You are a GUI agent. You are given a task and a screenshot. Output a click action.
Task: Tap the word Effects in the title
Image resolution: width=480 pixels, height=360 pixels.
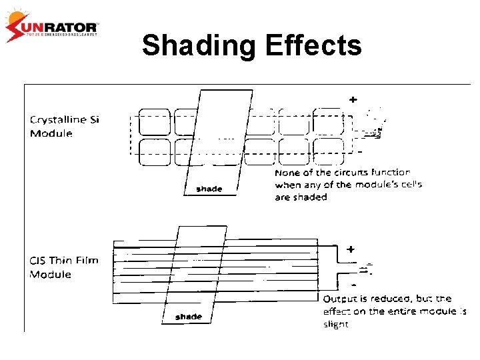313,46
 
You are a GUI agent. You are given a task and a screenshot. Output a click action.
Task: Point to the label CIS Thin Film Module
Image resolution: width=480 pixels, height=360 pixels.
63,267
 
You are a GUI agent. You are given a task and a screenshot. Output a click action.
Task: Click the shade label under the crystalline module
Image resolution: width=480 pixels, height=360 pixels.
209,189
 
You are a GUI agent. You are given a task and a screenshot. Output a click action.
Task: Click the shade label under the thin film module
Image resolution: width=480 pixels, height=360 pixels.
189,317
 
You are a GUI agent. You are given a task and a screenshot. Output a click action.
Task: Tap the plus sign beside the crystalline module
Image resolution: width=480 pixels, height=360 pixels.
353,99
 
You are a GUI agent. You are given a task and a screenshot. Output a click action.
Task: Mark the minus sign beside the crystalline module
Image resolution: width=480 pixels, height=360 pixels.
360,151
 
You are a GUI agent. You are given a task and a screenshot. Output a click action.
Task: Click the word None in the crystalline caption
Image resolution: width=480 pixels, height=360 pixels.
288,173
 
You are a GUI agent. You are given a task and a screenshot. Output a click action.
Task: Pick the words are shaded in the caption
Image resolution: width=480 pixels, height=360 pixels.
301,197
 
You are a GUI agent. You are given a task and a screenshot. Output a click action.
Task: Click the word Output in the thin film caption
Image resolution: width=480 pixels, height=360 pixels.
339,299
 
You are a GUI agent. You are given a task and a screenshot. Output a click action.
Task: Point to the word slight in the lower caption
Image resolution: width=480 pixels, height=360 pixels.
335,324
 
